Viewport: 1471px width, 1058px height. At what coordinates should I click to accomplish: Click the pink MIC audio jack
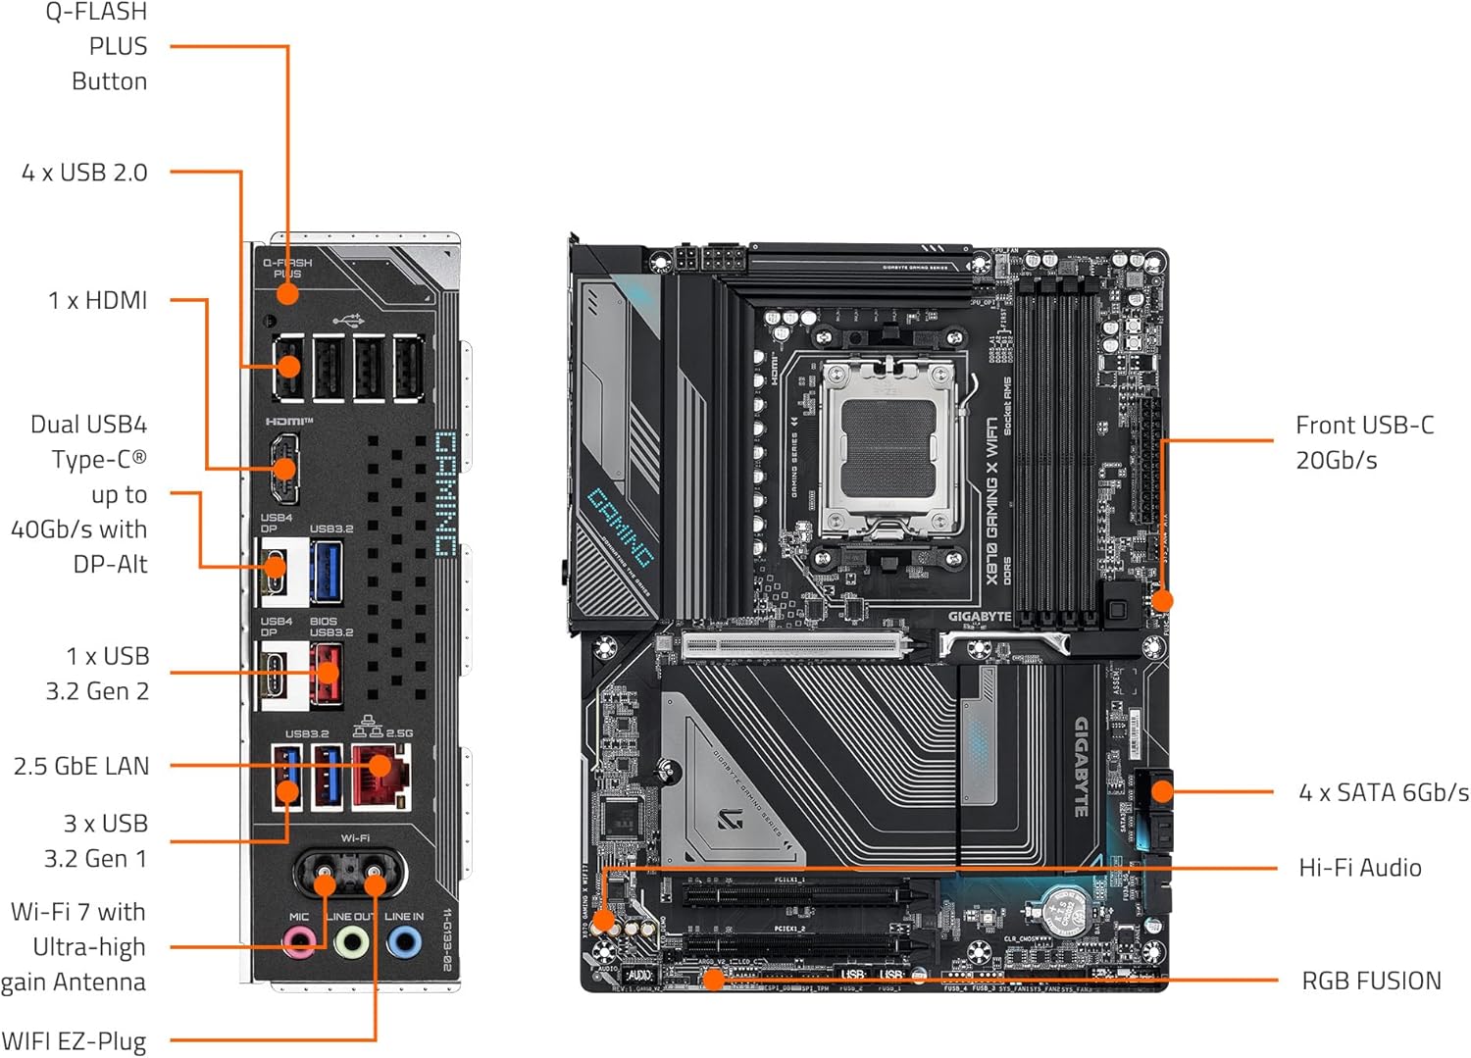click(x=299, y=943)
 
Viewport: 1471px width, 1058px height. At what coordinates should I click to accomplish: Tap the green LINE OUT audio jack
click(x=351, y=943)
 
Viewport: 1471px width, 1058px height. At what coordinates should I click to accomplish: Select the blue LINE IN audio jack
click(x=403, y=943)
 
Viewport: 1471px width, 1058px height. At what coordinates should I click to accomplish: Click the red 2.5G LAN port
click(x=380, y=774)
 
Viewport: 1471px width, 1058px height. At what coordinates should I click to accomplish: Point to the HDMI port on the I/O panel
click(x=283, y=468)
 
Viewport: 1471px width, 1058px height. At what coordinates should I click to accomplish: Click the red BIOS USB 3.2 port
click(x=327, y=674)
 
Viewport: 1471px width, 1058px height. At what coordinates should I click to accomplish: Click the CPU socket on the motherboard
click(x=888, y=446)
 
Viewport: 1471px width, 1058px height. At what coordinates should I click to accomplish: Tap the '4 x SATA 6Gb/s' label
click(x=1383, y=792)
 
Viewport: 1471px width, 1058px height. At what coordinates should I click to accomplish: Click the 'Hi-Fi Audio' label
click(x=1359, y=868)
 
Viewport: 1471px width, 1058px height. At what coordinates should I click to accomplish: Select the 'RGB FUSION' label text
click(x=1371, y=981)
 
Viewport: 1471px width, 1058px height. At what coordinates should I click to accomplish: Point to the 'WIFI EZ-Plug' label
click(x=74, y=1040)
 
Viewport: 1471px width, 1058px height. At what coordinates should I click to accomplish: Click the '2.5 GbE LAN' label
click(x=81, y=766)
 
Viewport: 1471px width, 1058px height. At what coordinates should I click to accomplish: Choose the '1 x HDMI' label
click(x=97, y=300)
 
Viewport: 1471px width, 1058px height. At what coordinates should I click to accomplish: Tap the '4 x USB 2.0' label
click(x=84, y=173)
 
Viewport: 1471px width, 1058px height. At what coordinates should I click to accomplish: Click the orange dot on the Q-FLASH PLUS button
click(x=287, y=293)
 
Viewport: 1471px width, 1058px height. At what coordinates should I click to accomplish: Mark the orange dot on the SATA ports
click(x=1161, y=791)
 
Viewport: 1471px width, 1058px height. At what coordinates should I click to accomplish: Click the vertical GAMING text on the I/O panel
click(x=446, y=493)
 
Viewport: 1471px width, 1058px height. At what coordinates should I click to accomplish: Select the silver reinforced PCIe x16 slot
click(x=794, y=645)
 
